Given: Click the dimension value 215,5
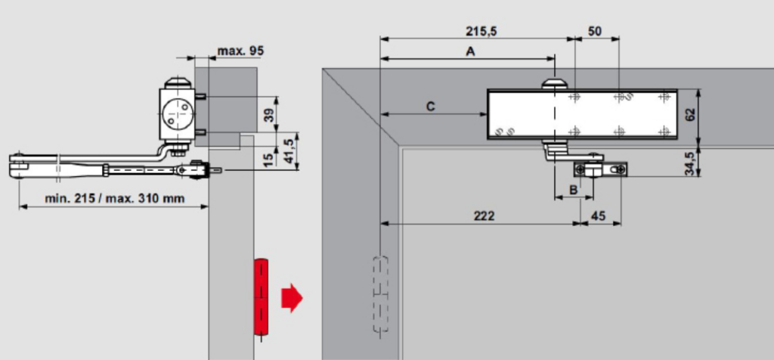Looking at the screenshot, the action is coord(481,32).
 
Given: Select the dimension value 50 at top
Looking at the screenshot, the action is coord(596,32).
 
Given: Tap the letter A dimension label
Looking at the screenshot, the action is coord(470,51).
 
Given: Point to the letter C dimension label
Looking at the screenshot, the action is coord(430,107).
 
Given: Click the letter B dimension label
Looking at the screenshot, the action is coord(573,189).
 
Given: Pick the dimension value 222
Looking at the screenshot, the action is coord(484,216).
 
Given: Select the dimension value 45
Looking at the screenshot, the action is coord(599,216).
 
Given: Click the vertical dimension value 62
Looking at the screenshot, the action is coord(690,114).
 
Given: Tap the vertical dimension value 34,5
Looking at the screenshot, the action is coord(690,163).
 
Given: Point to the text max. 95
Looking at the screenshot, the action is coord(241,51).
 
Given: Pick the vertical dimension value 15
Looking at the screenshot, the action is coord(269,160).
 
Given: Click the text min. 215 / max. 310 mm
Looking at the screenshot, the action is coord(115,198).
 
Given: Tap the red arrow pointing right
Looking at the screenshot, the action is coord(292,298).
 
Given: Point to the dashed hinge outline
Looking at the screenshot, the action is coord(379,294).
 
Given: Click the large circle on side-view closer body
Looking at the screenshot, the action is coord(176,113).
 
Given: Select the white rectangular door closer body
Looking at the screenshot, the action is coord(582,114).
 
